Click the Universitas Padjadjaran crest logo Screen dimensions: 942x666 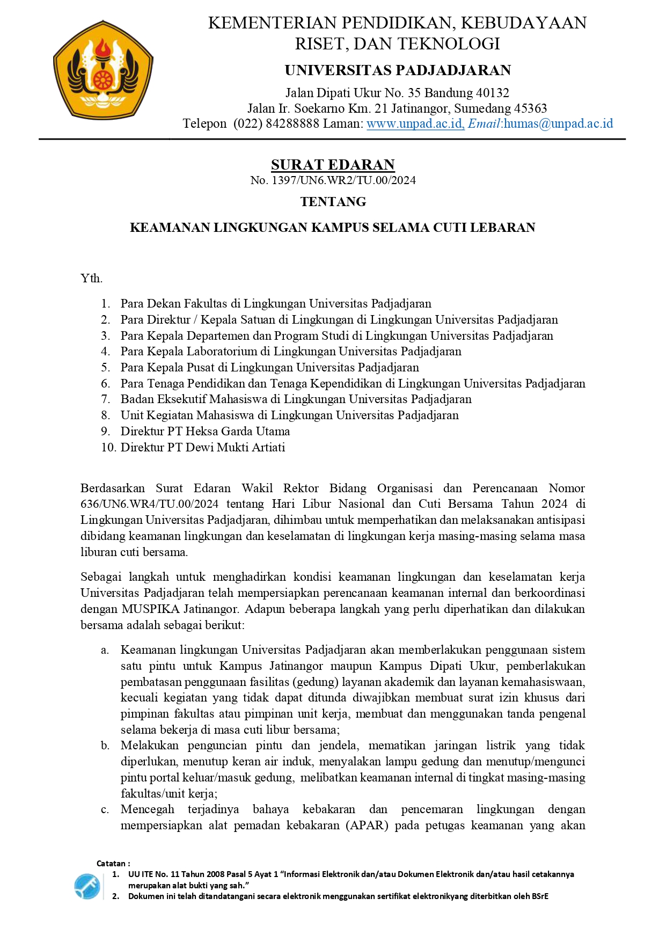[x=103, y=70]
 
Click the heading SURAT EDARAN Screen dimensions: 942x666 [x=333, y=165]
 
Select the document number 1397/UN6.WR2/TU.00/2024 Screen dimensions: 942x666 [x=343, y=180]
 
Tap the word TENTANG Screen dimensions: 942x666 [x=333, y=202]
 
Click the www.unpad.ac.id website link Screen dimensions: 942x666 [x=415, y=124]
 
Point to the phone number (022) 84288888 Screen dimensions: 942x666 [x=276, y=124]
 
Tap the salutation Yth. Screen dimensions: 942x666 [x=91, y=278]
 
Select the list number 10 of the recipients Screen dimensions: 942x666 [x=108, y=447]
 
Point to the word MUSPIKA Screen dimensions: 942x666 [x=150, y=609]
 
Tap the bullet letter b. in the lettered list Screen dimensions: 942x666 [x=105, y=746]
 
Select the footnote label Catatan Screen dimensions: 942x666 [x=111, y=864]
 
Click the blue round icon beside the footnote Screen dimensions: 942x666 [x=87, y=886]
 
